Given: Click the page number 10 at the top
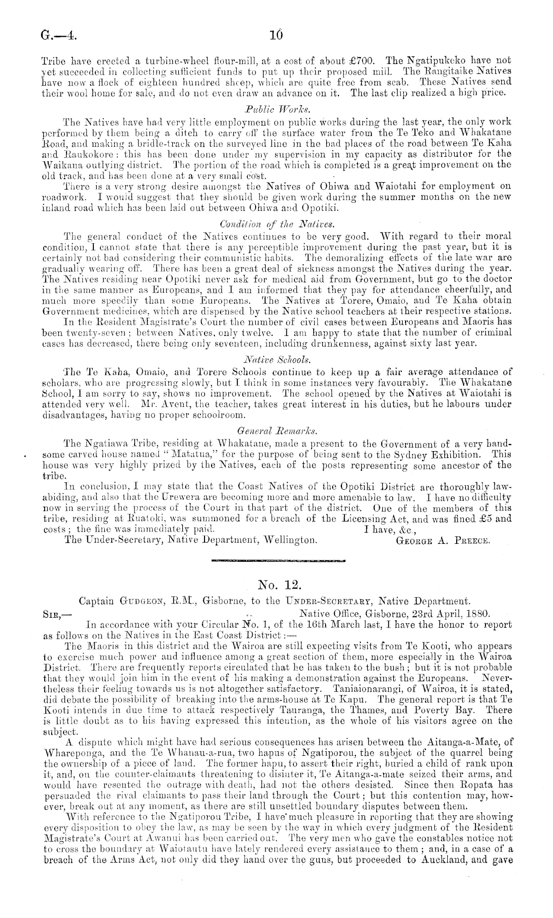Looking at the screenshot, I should pos(276,35).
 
